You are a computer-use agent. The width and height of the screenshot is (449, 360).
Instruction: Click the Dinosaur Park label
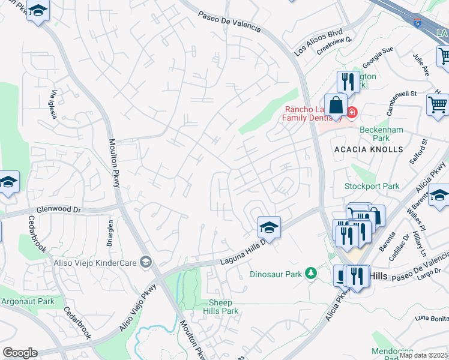pos(276,274)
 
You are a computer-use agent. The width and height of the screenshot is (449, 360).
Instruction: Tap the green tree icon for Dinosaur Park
pos(310,274)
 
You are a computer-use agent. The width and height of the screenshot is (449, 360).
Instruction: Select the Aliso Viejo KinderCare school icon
pos(145,262)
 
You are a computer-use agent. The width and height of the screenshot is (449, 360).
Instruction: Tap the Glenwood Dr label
pos(58,210)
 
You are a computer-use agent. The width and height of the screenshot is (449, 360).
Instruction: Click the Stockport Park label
pos(372,186)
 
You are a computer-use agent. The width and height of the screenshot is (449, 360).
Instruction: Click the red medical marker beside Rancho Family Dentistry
pos(351,112)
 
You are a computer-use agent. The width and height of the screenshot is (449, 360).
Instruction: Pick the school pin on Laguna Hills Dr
pos(269,227)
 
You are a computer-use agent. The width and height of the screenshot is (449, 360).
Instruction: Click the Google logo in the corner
pos(20,353)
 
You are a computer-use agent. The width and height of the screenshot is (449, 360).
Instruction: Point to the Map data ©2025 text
pos(424,355)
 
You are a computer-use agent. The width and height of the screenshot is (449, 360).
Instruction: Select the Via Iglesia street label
pos(54,104)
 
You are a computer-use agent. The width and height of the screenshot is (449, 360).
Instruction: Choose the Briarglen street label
pos(110,230)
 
